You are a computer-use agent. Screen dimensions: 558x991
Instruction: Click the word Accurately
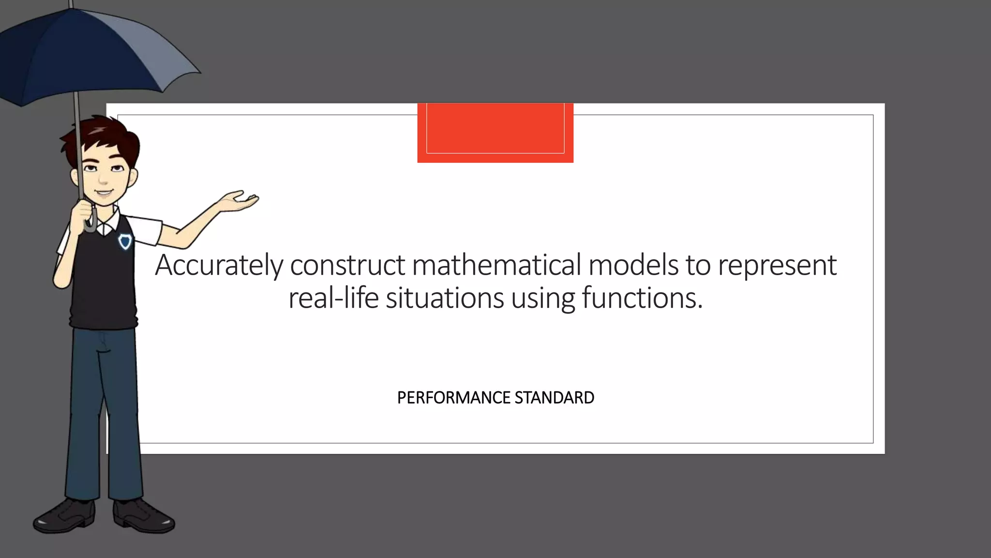click(x=219, y=265)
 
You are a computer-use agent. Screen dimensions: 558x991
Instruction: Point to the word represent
click(x=777, y=266)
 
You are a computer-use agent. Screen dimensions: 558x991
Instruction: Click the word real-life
click(x=333, y=297)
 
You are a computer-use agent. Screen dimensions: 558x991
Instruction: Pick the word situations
click(x=445, y=297)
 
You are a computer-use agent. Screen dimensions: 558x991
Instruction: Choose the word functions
click(x=642, y=297)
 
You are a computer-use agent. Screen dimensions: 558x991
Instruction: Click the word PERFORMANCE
click(x=453, y=398)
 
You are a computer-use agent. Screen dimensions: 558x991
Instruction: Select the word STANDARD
click(x=554, y=398)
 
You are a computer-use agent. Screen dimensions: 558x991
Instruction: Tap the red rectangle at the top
click(x=495, y=132)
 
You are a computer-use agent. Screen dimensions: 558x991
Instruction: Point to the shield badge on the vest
click(x=125, y=241)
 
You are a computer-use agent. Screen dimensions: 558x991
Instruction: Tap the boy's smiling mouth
click(x=103, y=192)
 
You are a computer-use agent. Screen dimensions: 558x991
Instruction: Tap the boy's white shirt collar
click(x=109, y=222)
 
